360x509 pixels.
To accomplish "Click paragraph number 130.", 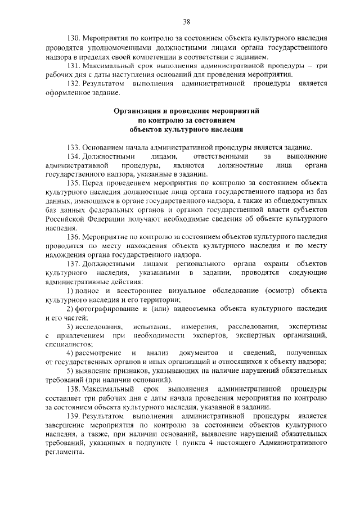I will (74, 39).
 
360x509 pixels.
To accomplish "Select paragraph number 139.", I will (74, 416).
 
